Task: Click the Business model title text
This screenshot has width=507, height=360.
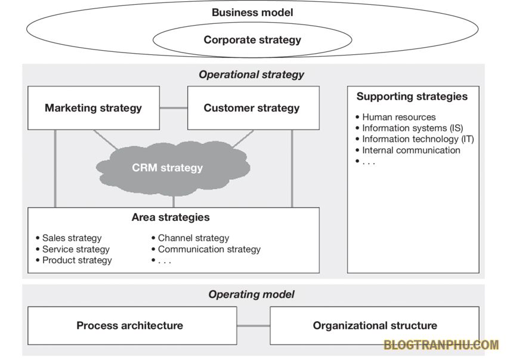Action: [x=252, y=12]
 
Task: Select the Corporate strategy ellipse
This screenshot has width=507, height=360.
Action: [x=252, y=40]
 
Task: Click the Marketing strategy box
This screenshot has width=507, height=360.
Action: [x=94, y=108]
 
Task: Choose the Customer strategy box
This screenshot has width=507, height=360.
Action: [x=252, y=108]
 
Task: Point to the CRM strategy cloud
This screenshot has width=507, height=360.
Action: [x=168, y=168]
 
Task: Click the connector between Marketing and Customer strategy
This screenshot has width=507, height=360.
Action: [x=174, y=108]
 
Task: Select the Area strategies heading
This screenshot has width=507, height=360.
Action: [x=171, y=217]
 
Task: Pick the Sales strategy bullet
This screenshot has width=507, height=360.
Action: [x=72, y=238]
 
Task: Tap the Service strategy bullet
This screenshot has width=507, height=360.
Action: [x=76, y=249]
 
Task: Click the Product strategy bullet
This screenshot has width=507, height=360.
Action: [x=77, y=260]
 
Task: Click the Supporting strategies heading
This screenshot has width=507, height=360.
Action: [x=412, y=97]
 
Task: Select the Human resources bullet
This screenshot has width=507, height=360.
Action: [x=398, y=117]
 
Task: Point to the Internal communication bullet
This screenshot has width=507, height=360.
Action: [x=411, y=150]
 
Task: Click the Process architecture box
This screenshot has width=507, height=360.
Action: [x=129, y=325]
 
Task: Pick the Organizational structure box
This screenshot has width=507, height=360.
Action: [x=375, y=325]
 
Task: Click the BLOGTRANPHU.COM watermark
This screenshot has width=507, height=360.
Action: [x=441, y=345]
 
